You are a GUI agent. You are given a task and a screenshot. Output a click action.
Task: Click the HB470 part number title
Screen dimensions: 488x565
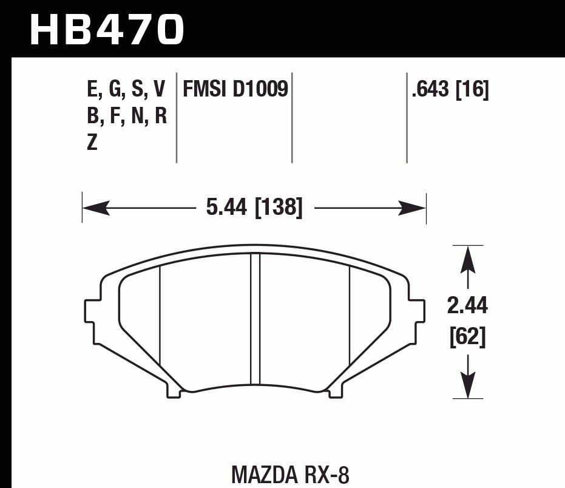[106, 29]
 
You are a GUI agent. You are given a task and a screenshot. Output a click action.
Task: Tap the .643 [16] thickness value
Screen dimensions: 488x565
[450, 90]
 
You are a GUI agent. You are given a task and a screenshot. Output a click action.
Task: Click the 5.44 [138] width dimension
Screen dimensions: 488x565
[254, 208]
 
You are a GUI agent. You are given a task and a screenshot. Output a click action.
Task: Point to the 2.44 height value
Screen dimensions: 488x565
[467, 307]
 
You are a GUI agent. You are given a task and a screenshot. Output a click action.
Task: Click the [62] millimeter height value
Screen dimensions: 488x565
[467, 337]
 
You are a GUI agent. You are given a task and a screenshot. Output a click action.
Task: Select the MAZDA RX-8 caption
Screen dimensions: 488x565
[290, 474]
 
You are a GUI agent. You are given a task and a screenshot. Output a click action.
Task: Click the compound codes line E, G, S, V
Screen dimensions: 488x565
[126, 90]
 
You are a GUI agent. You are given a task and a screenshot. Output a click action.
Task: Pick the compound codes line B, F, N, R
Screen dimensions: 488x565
[126, 116]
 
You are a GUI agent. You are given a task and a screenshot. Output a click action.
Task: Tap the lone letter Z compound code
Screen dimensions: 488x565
[92, 143]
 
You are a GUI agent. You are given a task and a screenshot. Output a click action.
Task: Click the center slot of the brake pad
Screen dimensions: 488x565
[255, 319]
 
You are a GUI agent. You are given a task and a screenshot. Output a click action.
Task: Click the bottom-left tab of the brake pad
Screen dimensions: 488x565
[174, 391]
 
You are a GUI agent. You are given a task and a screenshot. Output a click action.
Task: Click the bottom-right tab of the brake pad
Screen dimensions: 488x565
[336, 391]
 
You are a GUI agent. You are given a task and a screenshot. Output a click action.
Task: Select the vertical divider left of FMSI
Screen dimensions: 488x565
[177, 118]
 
